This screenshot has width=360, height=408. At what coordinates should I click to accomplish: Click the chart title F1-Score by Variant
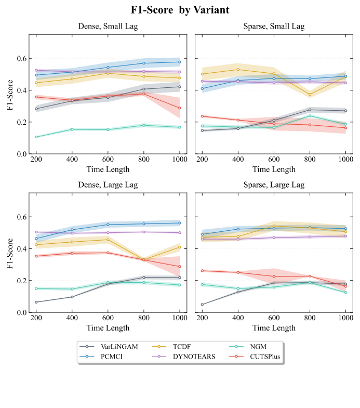(x=180, y=10)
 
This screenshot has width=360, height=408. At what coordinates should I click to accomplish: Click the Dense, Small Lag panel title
(x=108, y=27)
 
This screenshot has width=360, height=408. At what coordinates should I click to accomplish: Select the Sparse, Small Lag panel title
(x=274, y=27)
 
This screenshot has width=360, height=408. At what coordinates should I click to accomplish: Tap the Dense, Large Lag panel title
(x=108, y=185)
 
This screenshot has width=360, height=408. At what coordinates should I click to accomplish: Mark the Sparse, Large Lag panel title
(x=274, y=185)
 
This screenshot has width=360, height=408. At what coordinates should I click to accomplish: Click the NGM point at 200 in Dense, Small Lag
(x=36, y=137)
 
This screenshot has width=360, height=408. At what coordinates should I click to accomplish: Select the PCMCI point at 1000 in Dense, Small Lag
(x=180, y=62)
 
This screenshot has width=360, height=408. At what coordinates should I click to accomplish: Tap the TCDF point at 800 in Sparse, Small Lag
(x=310, y=95)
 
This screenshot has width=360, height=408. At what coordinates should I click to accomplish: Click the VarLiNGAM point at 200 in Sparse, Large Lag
(x=202, y=305)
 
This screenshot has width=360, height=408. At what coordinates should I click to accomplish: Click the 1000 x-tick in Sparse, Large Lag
(x=345, y=318)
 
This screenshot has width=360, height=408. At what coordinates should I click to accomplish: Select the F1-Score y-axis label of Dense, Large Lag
(x=10, y=254)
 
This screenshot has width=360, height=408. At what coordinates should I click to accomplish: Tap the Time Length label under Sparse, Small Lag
(x=274, y=169)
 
